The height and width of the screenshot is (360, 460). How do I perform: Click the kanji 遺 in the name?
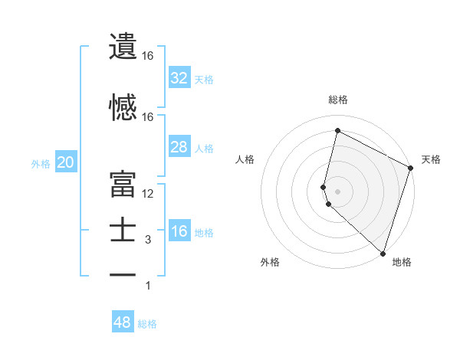click(123, 47)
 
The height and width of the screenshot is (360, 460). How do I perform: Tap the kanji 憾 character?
click(123, 108)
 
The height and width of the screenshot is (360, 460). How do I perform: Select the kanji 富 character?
click(123, 185)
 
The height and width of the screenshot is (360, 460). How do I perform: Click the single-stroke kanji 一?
click(123, 274)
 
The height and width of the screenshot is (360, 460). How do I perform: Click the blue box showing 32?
click(179, 77)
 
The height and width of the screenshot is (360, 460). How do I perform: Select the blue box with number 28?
click(179, 147)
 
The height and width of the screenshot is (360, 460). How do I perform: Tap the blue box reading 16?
click(179, 231)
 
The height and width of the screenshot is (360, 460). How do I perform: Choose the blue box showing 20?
click(65, 162)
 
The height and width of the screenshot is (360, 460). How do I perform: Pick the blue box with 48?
click(123, 322)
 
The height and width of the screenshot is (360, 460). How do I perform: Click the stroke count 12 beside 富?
click(148, 194)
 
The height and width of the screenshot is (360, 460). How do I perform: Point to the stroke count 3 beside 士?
click(148, 240)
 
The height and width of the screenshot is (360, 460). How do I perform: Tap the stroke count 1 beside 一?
click(148, 286)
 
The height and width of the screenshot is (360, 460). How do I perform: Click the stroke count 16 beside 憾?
click(148, 117)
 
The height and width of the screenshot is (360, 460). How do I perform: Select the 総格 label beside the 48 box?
click(147, 324)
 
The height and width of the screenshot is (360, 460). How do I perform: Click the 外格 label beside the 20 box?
click(41, 163)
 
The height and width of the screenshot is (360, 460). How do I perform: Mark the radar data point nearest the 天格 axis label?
click(411, 169)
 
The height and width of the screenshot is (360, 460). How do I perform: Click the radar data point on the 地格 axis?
click(383, 254)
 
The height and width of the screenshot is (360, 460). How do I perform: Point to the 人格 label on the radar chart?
click(245, 159)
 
